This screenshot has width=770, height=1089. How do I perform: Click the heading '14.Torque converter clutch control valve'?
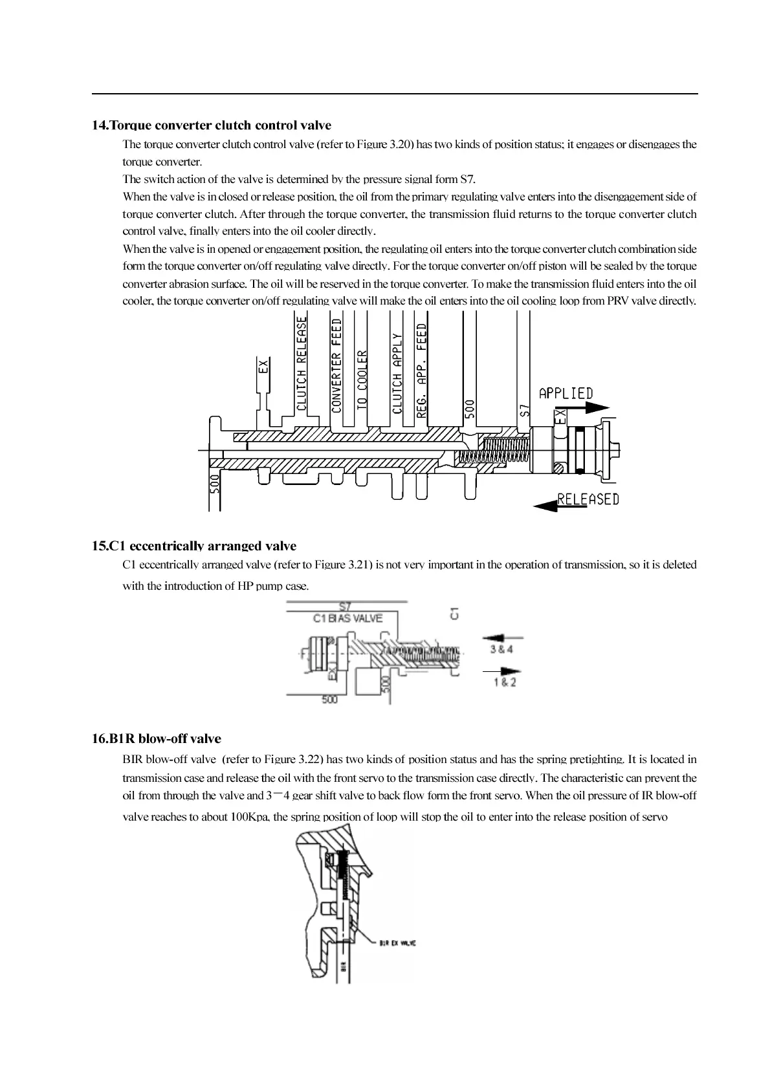point(212,125)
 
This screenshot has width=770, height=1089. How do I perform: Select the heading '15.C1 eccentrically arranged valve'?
point(194,546)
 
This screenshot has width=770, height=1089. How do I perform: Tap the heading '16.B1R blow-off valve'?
point(157,739)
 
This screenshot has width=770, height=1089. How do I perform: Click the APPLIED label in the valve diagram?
point(566,393)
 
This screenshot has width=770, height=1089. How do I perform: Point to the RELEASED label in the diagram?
point(588,499)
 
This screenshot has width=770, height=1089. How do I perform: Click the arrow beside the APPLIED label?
point(589,408)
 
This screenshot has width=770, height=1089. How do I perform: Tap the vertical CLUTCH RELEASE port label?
point(302,363)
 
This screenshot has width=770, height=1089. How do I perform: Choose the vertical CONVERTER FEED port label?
point(336,365)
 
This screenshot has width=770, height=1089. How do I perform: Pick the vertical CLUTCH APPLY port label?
point(397,373)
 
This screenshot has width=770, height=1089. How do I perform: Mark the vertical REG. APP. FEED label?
point(422,370)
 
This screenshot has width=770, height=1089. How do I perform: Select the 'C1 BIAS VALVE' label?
point(347,618)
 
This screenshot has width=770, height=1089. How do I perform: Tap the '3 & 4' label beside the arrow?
point(501,649)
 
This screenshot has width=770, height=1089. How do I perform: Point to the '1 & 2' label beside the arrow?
point(505,682)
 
